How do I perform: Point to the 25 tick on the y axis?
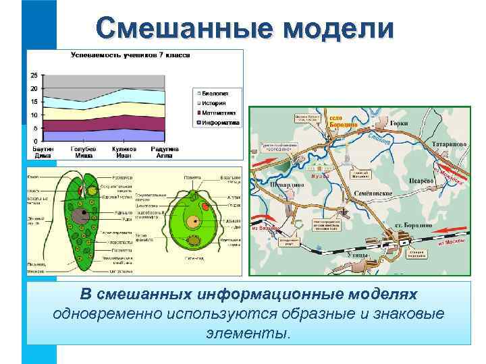(34, 75)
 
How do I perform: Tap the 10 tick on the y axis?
(34, 115)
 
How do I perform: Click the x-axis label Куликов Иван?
(124, 151)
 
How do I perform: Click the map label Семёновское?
(374, 193)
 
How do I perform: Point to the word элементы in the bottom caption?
(248, 333)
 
